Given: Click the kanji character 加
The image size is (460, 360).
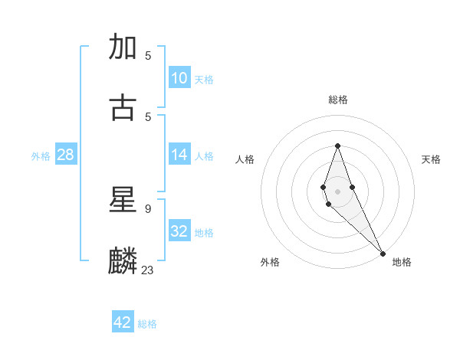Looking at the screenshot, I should click(123, 47).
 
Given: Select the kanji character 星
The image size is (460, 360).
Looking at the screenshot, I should click(123, 200).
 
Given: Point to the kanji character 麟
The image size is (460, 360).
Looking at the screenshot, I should click(123, 260).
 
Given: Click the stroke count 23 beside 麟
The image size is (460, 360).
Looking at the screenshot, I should click(148, 269).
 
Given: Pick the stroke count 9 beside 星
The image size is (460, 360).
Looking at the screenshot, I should click(147, 208).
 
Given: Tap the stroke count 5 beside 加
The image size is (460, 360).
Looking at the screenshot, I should click(148, 56).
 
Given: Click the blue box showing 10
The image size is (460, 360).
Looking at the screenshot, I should click(179, 77).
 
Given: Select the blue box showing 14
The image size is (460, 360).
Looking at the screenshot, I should click(179, 155).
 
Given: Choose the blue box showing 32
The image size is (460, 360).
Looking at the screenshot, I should click(179, 231).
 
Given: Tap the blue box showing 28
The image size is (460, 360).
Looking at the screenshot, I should click(65, 155).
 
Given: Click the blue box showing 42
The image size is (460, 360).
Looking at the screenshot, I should click(123, 322).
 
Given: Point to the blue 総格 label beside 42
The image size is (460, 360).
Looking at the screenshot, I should click(147, 324).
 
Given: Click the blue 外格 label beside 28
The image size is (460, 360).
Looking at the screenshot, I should click(41, 156).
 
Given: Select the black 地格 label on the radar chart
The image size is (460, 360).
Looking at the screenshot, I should click(402, 263).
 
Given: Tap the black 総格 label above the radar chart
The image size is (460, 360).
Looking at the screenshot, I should click(338, 100).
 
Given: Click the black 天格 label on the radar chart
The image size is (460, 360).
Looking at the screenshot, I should click(431, 159).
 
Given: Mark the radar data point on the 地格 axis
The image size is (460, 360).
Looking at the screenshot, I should click(383, 254).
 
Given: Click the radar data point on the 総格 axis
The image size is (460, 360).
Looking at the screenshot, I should click(337, 146).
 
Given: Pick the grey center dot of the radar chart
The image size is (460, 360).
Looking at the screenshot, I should click(337, 191).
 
